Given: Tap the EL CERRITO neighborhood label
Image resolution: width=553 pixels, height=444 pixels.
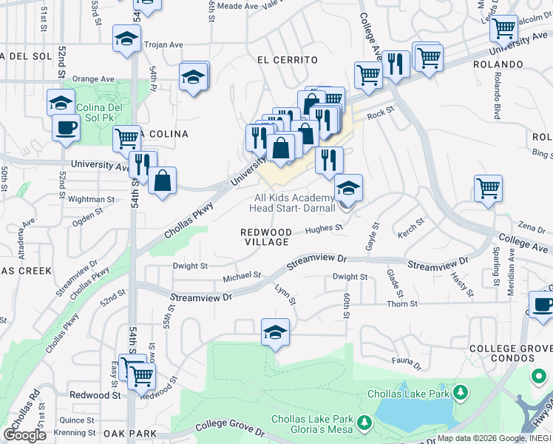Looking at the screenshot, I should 287,60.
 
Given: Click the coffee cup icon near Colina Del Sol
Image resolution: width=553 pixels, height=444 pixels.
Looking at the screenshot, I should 66,127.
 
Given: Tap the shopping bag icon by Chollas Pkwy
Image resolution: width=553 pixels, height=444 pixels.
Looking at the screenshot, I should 163,180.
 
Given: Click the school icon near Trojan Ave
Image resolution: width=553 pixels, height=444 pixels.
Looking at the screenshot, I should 126,38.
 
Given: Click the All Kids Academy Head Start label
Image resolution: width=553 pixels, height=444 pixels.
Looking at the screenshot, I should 294,203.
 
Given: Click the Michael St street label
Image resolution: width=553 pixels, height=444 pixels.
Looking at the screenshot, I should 242,276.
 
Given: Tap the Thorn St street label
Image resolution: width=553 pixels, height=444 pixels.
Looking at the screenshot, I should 402,303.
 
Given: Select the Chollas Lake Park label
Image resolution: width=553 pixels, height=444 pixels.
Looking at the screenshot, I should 413,394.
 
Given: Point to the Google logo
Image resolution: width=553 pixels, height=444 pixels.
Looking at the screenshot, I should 24,435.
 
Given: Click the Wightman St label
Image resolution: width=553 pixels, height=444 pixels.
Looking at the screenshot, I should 91,199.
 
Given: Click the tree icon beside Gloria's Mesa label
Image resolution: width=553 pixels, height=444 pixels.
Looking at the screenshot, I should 364,423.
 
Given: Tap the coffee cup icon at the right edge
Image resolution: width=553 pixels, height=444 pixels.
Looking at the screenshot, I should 542,304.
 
